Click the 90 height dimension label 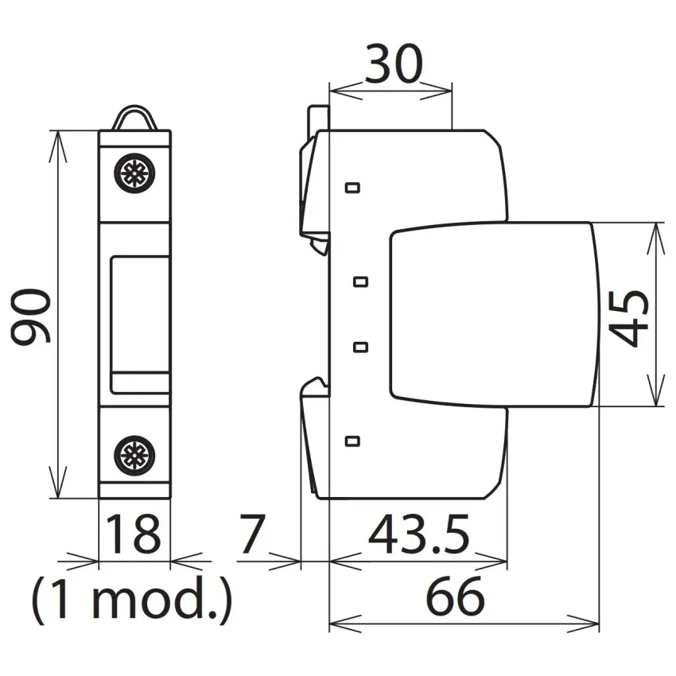tap(30, 317)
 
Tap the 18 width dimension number tap(133, 534)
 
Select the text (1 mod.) tap(132, 600)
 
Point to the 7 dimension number tap(252, 534)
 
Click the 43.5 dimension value tap(418, 534)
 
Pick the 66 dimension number tap(455, 596)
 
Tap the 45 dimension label tap(628, 318)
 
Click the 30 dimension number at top tap(393, 64)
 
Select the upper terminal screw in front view tap(134, 173)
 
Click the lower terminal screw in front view tap(134, 456)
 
